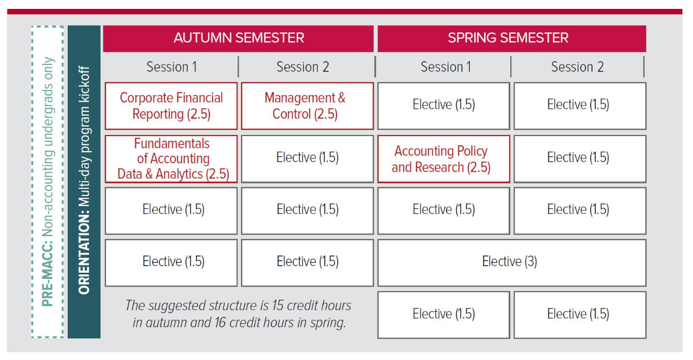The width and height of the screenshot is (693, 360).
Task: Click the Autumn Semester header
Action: coord(238,38)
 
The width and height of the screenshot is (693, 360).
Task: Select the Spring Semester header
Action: coord(512,38)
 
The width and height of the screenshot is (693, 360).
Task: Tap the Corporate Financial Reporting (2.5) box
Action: coord(171,106)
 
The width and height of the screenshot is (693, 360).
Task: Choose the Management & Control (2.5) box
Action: coord(307,106)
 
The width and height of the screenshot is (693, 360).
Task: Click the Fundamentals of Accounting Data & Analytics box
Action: coord(171,159)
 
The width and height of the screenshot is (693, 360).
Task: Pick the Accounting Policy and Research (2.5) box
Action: coord(444,159)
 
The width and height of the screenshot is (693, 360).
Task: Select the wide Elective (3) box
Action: coord(512,262)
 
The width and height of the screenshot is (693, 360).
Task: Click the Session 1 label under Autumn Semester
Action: coord(172,67)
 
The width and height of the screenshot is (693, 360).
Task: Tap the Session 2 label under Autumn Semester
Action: coord(303,67)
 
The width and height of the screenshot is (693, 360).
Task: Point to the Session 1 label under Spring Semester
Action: coord(446,67)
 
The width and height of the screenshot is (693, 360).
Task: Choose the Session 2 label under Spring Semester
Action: coord(577,67)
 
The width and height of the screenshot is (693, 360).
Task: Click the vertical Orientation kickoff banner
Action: coord(84,182)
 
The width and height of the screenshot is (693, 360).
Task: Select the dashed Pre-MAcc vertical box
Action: coord(32,182)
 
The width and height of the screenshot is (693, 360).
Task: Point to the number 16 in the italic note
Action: coord(220,323)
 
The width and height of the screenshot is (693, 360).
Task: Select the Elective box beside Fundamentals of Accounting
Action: coord(307,159)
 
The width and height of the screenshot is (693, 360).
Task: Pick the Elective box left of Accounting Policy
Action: coord(307,159)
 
